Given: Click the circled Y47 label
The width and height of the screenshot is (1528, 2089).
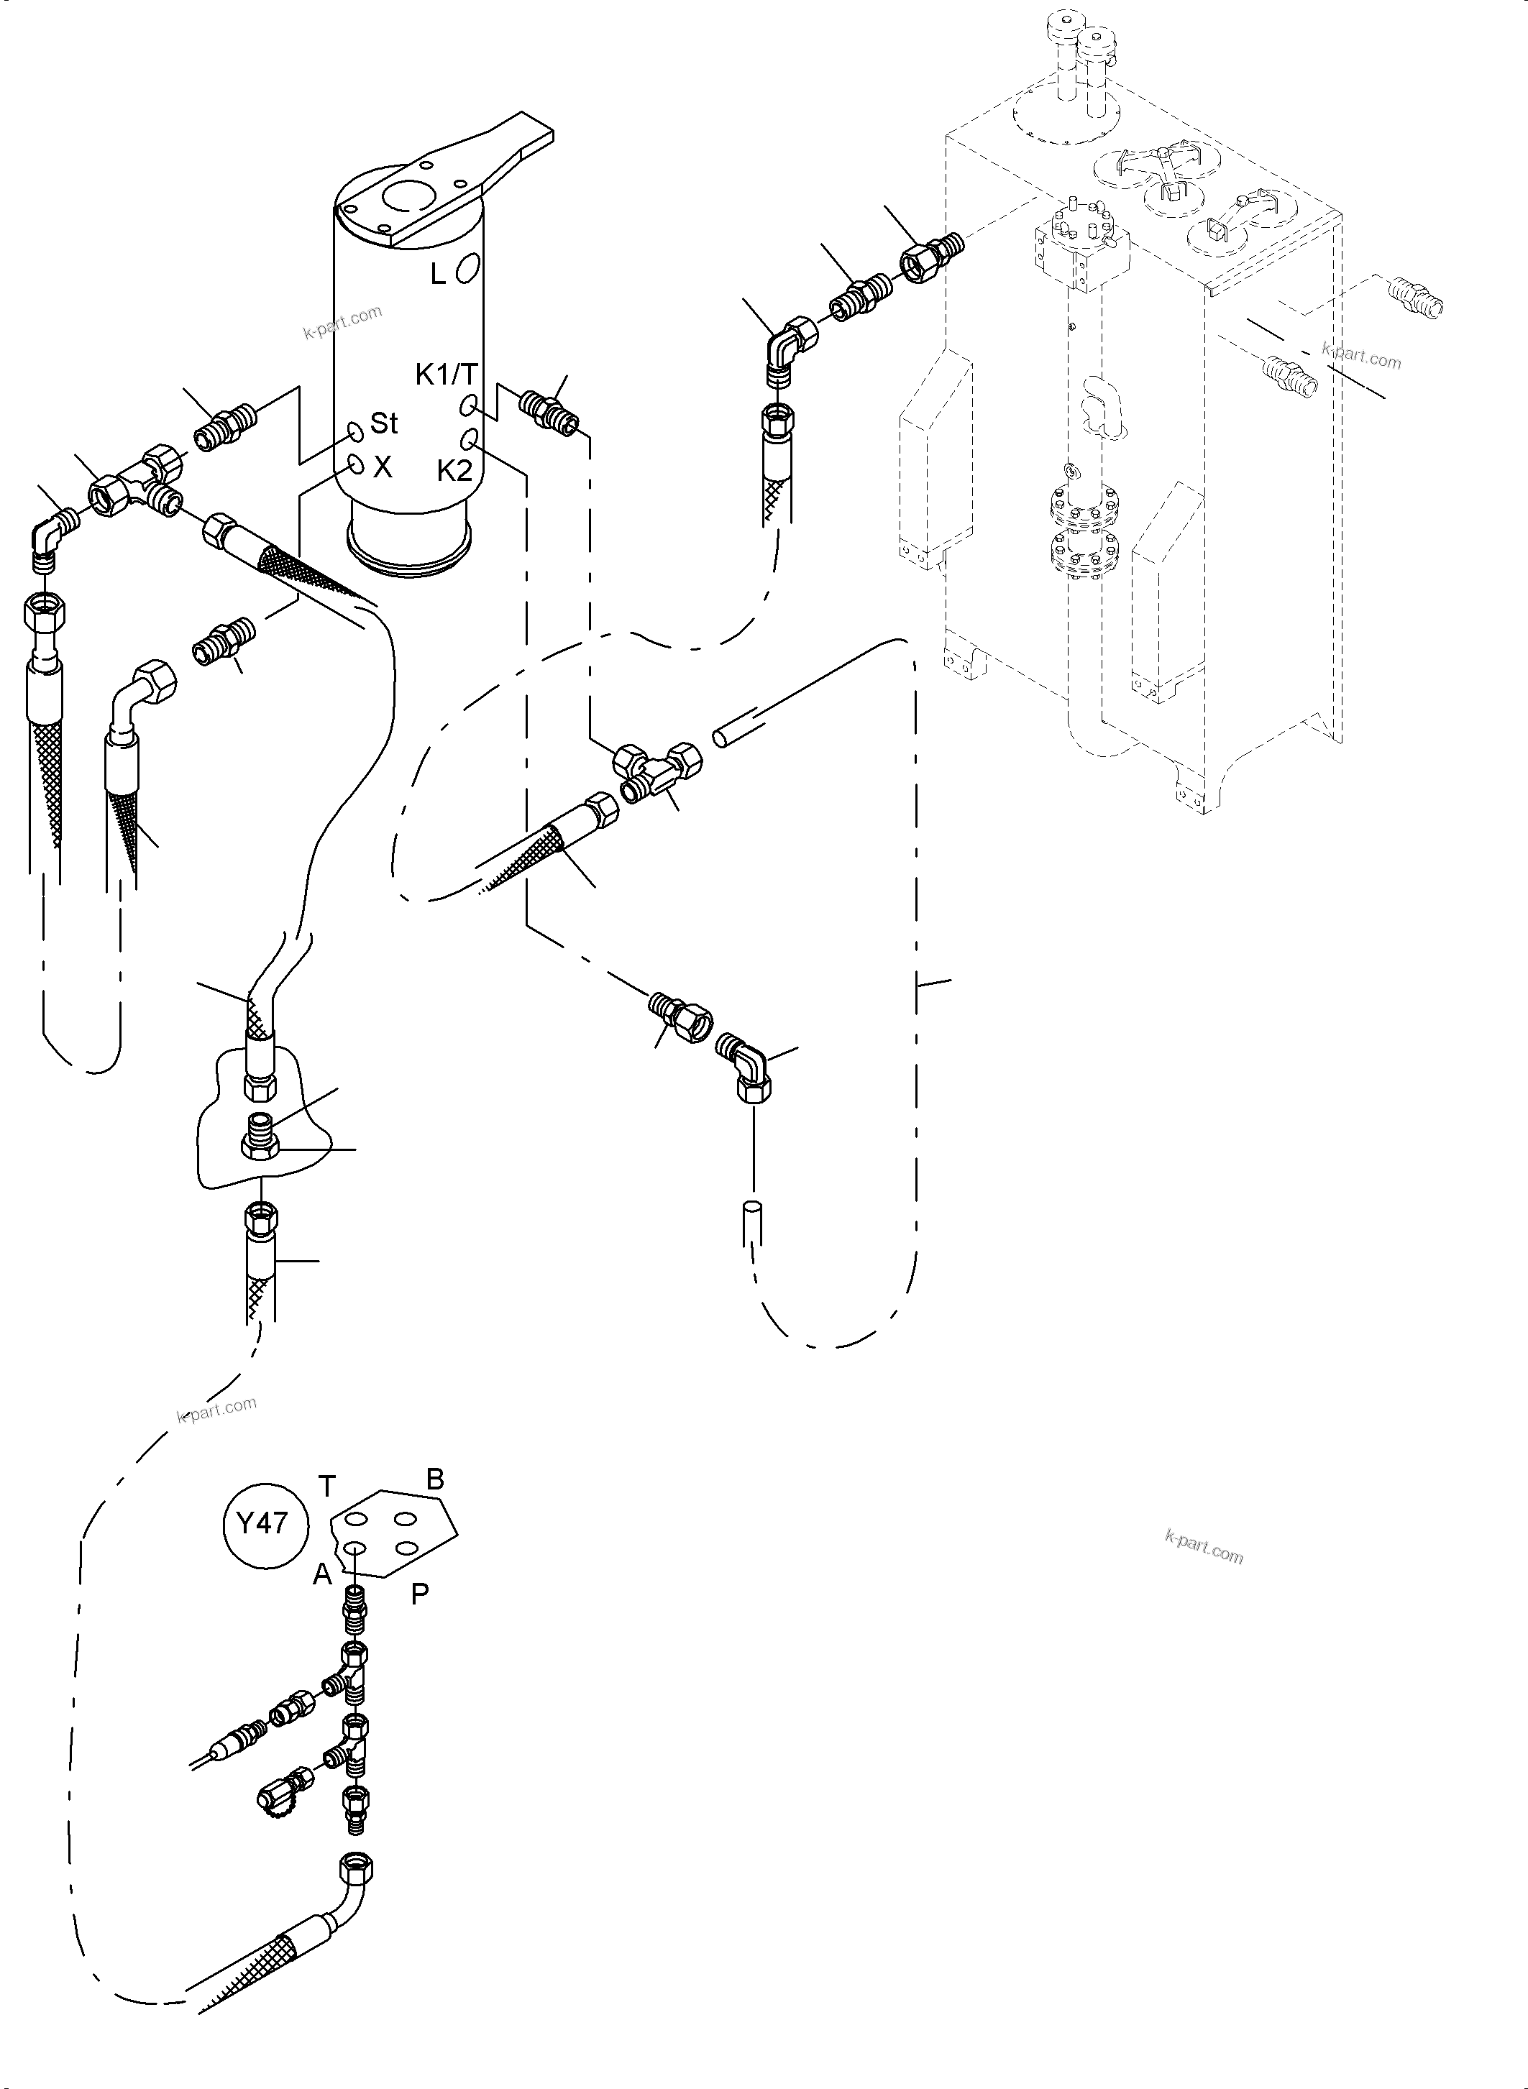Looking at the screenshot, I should point(264,1523).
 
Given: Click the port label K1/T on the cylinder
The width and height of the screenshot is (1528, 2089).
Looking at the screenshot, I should point(446,375).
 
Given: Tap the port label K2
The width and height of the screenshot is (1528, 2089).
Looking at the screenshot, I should point(455,471).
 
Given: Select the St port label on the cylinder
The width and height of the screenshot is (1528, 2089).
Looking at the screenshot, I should point(384,423).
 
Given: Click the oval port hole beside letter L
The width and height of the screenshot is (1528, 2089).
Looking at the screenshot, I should point(468,268).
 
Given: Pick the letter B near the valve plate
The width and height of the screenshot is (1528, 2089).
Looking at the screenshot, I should point(435,1479).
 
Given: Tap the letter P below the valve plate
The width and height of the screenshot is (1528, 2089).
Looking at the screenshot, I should point(420,1594).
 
